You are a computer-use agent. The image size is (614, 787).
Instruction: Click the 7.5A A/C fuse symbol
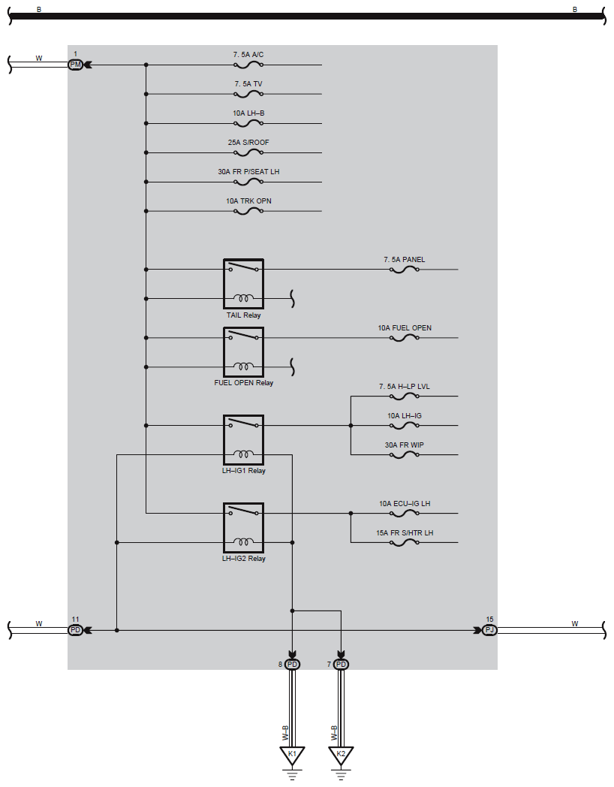click(x=248, y=65)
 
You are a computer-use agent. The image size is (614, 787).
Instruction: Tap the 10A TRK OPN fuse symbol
click(x=248, y=212)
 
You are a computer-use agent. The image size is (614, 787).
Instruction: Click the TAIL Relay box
click(x=243, y=284)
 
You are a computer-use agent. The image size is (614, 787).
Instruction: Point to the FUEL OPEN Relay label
click(x=243, y=383)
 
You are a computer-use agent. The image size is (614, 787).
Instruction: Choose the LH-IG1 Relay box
click(x=243, y=439)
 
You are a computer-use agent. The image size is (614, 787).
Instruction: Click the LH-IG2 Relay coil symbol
click(x=243, y=541)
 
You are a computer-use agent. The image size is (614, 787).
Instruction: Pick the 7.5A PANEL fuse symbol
click(x=405, y=270)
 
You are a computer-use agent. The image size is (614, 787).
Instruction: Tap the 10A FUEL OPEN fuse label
click(x=405, y=328)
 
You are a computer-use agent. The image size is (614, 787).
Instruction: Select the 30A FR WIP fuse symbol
click(x=405, y=455)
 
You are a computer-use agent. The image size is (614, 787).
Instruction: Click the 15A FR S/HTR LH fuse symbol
click(x=405, y=543)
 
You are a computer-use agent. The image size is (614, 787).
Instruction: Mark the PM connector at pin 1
click(x=75, y=65)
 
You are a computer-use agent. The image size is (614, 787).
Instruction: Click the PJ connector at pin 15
click(x=489, y=630)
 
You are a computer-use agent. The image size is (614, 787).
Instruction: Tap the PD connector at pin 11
click(x=75, y=630)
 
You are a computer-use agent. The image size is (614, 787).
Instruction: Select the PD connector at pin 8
click(x=293, y=665)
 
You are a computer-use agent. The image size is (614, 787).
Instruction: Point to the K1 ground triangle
click(x=293, y=755)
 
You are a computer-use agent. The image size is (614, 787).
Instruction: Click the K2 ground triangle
click(x=342, y=755)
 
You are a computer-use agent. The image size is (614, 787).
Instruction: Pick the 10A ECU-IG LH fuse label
click(x=405, y=504)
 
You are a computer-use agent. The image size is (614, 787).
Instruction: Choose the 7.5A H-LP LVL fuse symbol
click(x=405, y=397)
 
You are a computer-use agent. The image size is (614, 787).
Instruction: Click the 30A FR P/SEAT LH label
click(x=248, y=172)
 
